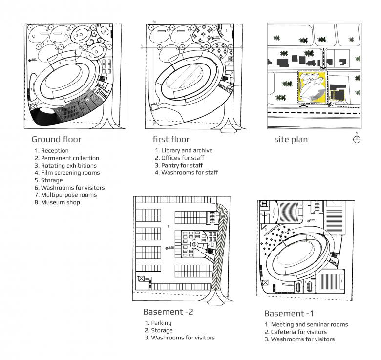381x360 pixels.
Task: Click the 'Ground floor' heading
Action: point(56,139)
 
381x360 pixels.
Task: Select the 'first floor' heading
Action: point(170,139)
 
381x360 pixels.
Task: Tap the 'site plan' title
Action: point(291,139)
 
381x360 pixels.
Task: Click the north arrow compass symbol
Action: point(357,139)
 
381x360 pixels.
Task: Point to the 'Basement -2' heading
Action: point(168,312)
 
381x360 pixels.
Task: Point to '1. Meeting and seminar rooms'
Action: point(306,325)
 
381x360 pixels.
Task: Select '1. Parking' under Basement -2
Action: point(157,323)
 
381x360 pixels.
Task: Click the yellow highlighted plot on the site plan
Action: point(312,87)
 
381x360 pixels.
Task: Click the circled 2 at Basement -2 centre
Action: point(194,243)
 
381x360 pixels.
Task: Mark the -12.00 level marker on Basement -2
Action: point(170,248)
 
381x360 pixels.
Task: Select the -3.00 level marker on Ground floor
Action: point(33,60)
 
